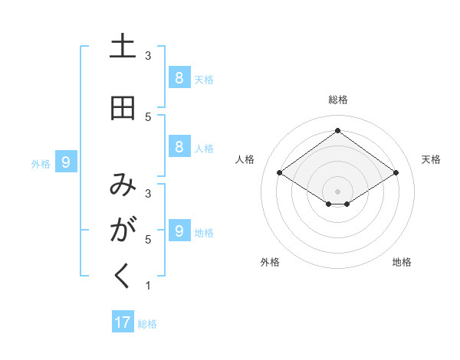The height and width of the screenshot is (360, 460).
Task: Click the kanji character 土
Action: [x=123, y=47]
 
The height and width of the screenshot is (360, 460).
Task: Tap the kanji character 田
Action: [x=123, y=109]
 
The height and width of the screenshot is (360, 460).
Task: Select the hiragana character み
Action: [x=123, y=185]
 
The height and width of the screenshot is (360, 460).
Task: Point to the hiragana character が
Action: [x=123, y=230]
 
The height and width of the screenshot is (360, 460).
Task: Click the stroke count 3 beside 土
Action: [x=148, y=55]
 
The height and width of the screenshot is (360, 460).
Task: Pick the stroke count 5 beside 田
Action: [x=148, y=116]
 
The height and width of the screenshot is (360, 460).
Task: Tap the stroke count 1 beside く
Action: [x=148, y=286]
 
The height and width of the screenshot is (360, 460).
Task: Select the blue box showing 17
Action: [x=123, y=322]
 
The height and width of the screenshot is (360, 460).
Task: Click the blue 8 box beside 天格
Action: [x=179, y=77]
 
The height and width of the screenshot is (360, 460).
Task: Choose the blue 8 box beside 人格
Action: [x=179, y=147]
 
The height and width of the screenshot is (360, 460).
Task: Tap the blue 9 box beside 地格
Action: [x=179, y=231]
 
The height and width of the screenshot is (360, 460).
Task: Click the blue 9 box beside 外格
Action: [x=67, y=162]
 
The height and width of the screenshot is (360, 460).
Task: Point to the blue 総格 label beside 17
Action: [x=147, y=324]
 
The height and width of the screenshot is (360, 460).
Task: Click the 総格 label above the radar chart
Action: [x=338, y=100]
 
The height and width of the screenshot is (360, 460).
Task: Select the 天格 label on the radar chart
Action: [x=431, y=159]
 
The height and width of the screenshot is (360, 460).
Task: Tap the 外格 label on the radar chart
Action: [x=270, y=262]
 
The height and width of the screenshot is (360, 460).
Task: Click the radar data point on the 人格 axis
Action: [x=279, y=173]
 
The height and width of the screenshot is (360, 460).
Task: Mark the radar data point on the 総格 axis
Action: [x=337, y=131]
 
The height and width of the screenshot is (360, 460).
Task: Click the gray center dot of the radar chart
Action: [x=337, y=191]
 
